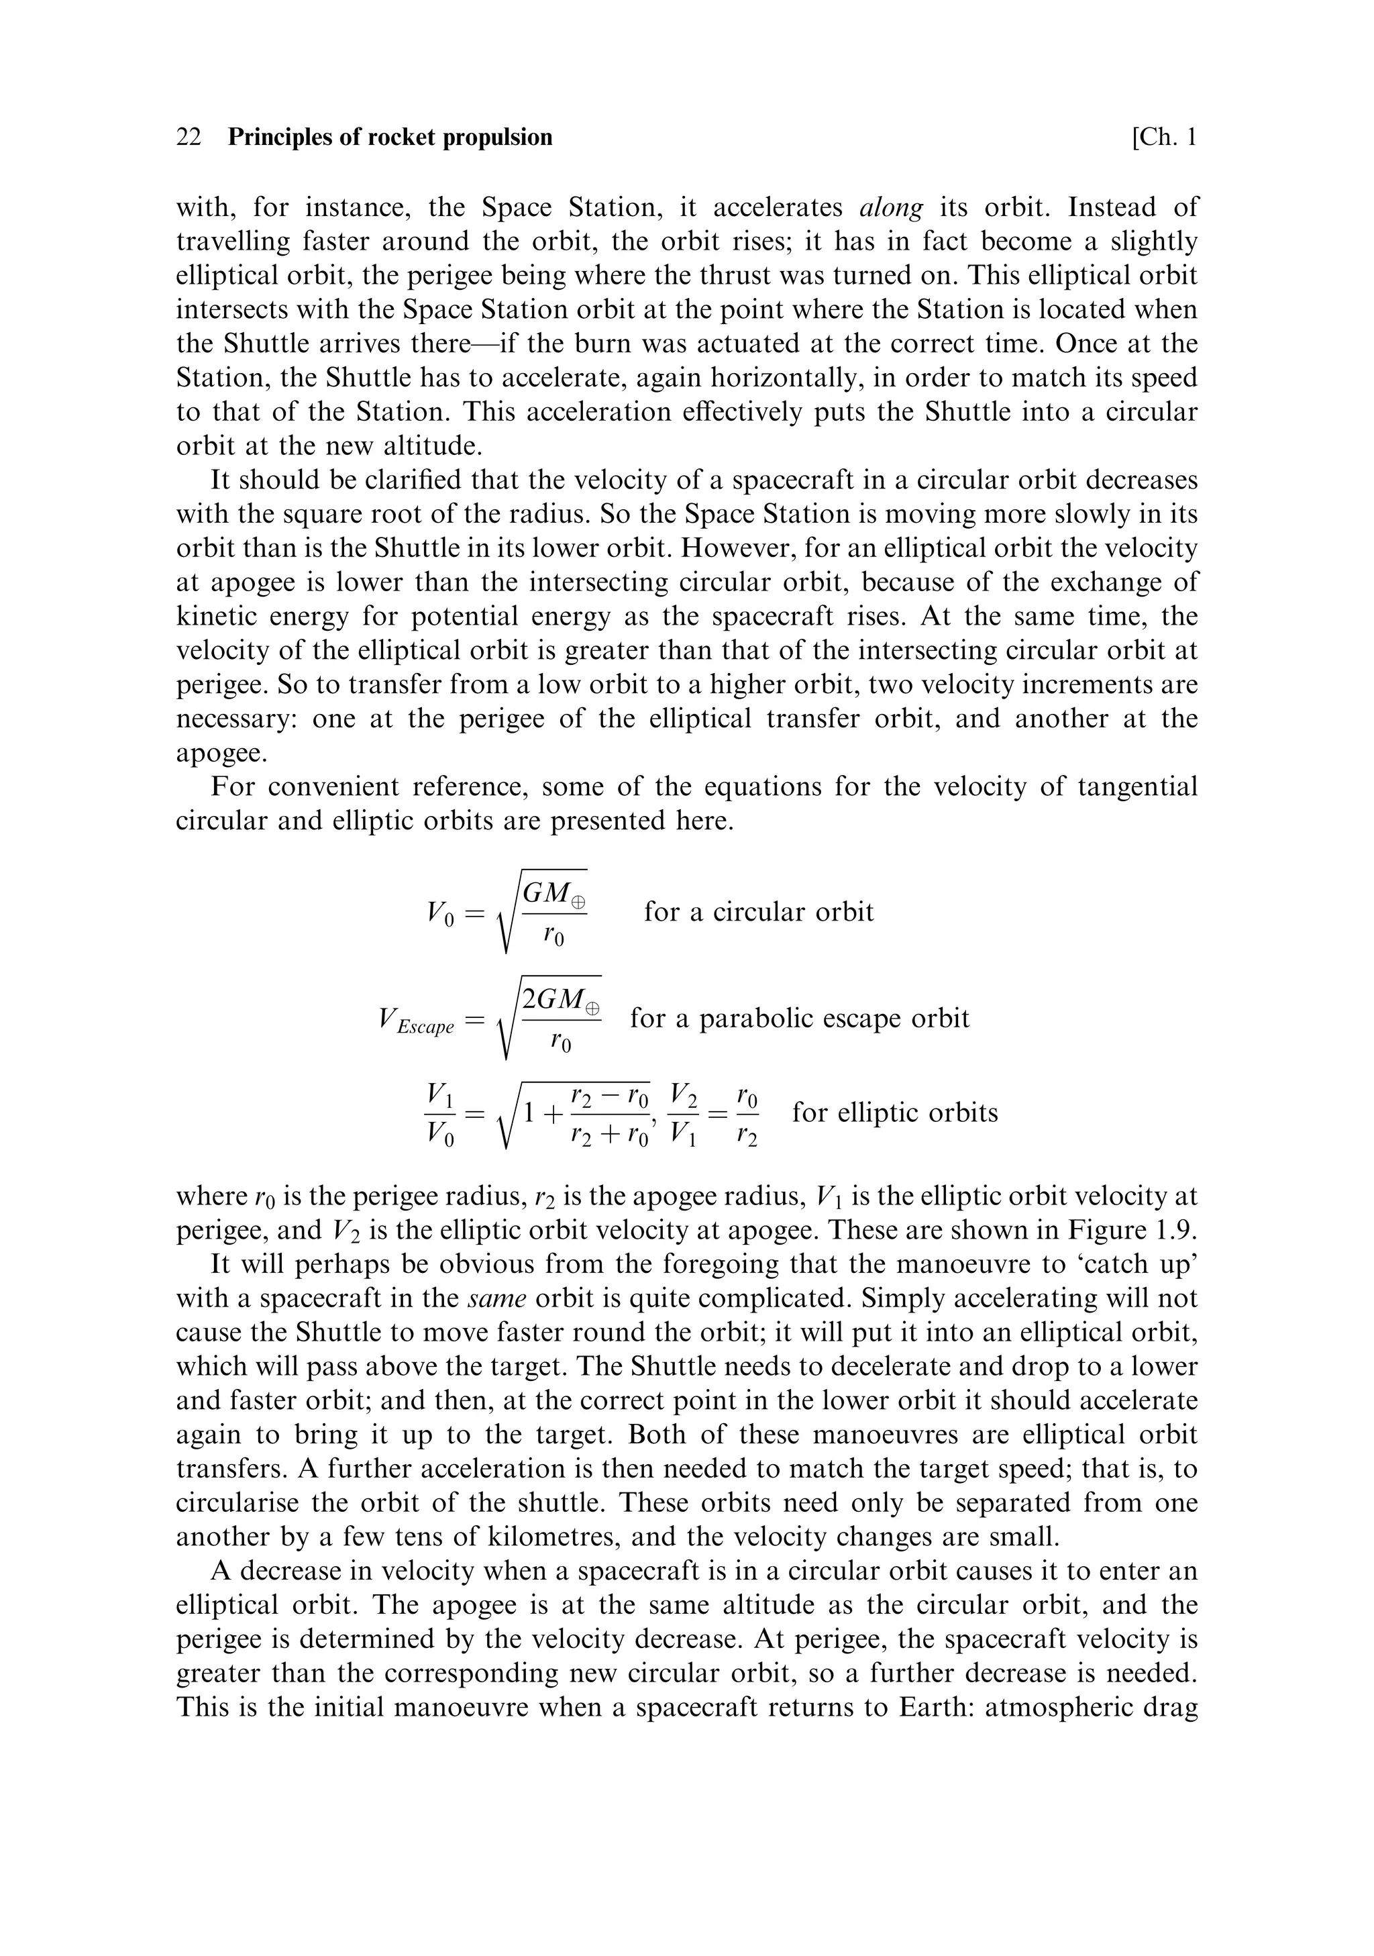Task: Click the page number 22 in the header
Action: tap(189, 137)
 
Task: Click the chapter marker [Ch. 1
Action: tap(1163, 137)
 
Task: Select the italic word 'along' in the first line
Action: tap(891, 208)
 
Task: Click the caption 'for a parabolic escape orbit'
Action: tap(799, 1018)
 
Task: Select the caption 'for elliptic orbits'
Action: tap(894, 1113)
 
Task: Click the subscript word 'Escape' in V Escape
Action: tap(425, 1027)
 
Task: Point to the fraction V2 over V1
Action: tap(683, 1113)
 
